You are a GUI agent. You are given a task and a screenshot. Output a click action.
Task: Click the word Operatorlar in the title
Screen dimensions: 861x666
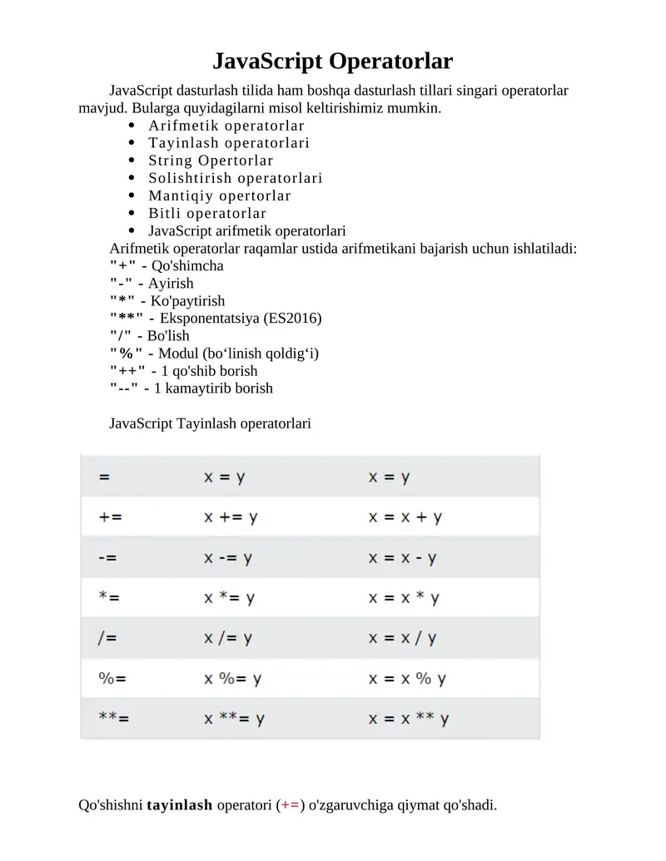pyautogui.click(x=391, y=62)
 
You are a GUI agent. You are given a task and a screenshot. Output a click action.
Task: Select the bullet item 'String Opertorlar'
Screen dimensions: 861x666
pyautogui.click(x=211, y=161)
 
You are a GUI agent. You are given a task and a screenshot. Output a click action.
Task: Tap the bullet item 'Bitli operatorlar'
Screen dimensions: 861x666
pyautogui.click(x=207, y=214)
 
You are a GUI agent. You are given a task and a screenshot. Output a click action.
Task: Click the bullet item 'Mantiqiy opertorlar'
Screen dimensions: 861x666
pyautogui.click(x=220, y=196)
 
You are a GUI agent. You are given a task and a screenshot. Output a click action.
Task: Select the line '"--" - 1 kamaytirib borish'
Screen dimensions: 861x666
pyautogui.click(x=191, y=388)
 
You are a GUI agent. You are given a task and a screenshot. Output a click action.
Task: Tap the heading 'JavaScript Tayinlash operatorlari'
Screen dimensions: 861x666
pyautogui.click(x=210, y=424)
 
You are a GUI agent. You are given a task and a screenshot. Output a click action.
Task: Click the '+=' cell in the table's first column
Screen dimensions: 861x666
pyautogui.click(x=110, y=517)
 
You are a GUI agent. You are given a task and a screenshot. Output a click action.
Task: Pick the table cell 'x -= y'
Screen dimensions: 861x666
pyautogui.click(x=228, y=558)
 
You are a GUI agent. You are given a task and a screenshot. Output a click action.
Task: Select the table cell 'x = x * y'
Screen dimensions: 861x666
pyautogui.click(x=404, y=598)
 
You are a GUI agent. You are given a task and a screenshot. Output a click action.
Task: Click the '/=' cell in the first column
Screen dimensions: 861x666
pyautogui.click(x=107, y=639)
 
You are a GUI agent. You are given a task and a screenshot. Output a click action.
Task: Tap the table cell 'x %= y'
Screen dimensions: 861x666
pyautogui.click(x=232, y=679)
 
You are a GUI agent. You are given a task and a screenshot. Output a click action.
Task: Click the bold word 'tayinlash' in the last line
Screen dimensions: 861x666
pyautogui.click(x=179, y=806)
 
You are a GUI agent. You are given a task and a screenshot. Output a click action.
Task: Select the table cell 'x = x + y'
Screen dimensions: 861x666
pyautogui.click(x=405, y=517)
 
